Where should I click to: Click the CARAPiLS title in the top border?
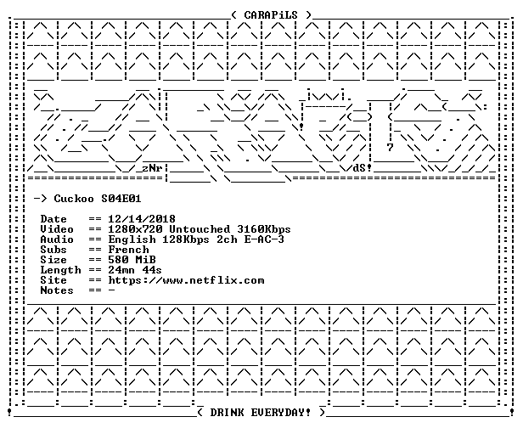coord(271,15)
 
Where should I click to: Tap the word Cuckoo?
coord(74,199)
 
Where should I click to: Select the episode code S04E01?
coord(121,199)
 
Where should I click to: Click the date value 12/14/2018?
coord(142,219)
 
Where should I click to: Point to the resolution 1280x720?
coord(135,229)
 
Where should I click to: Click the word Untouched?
coord(200,229)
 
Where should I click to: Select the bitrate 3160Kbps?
coord(264,229)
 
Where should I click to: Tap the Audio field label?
coord(57,239)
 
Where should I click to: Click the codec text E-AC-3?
coord(264,239)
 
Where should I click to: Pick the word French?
coord(128,250)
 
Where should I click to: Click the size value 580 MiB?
coord(132,260)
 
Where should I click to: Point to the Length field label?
coord(60,270)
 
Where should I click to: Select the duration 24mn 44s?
coord(135,270)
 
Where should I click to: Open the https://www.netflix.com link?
coord(186,280)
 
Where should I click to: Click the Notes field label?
coord(57,290)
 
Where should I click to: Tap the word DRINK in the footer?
coord(227,413)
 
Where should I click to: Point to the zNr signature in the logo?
coord(152,168)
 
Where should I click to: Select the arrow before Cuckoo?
coord(41,199)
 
